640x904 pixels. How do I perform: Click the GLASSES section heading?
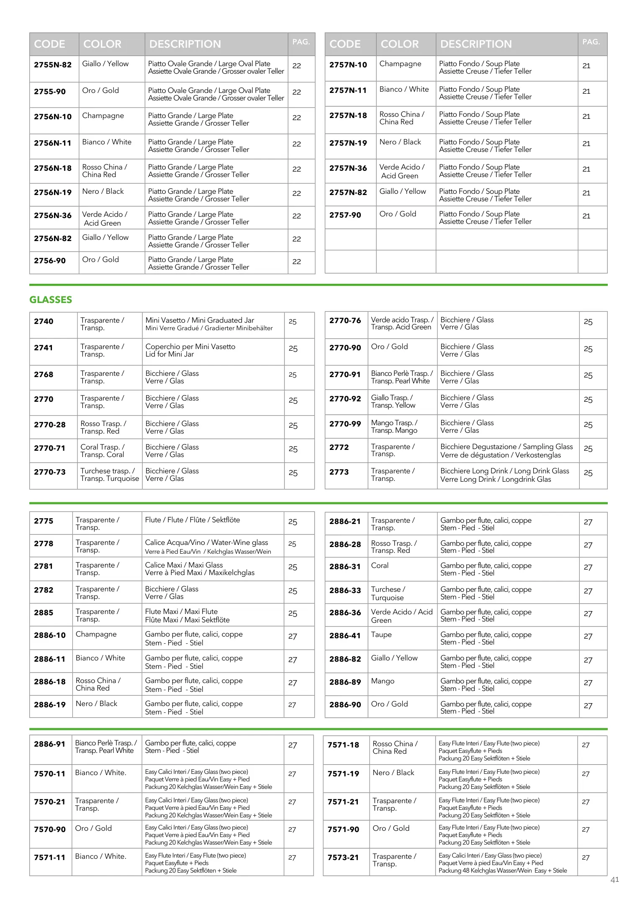point(51,300)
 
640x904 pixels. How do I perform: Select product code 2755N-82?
point(53,65)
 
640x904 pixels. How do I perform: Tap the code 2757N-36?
point(348,168)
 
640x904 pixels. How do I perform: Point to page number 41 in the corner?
point(614,880)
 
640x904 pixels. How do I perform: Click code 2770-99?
point(345,424)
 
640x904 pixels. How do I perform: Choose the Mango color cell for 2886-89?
point(383,681)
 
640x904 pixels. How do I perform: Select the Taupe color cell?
point(381,634)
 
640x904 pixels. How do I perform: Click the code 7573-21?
point(343,857)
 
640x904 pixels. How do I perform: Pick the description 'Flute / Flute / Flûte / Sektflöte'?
point(193,520)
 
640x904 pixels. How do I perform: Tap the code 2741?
point(44,348)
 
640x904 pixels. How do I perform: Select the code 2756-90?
point(50,261)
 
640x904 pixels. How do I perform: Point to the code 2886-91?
point(50,744)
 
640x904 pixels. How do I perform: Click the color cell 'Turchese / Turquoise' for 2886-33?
point(388,593)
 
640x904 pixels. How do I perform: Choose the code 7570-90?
point(50,829)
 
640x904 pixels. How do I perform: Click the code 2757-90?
point(345,215)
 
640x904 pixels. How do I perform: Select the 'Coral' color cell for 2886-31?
point(380,565)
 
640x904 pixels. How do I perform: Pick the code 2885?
point(44,613)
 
